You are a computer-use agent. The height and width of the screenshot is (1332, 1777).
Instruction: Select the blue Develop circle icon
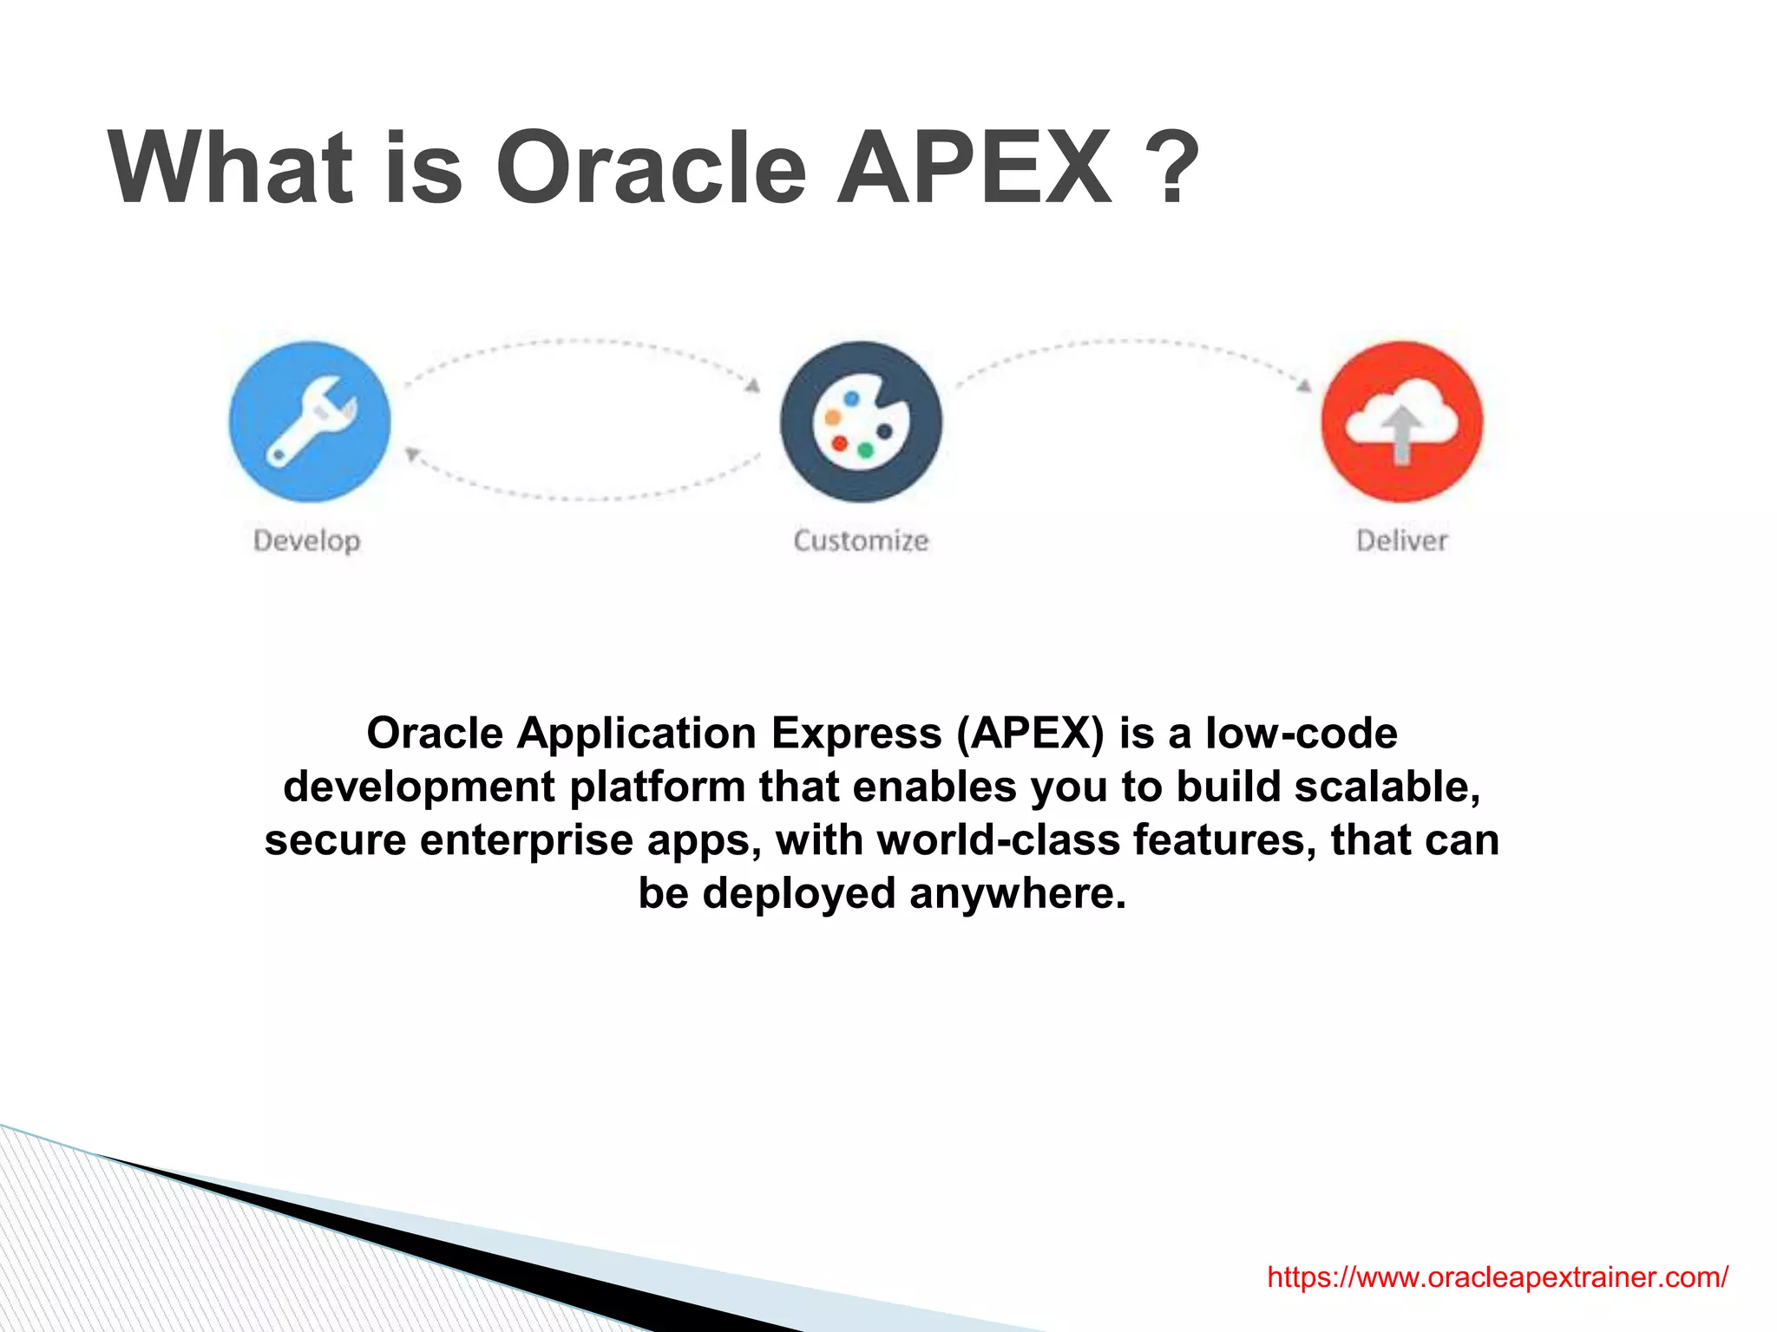click(x=310, y=421)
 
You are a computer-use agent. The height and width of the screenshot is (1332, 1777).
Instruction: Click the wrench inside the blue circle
click(x=310, y=421)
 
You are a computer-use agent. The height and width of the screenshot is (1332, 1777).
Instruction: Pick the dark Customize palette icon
click(x=861, y=421)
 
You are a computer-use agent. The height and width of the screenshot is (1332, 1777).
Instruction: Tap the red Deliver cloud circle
click(x=1402, y=421)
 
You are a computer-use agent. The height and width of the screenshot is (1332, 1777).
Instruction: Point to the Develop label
click(x=306, y=541)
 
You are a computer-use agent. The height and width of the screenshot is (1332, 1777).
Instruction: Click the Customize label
click(x=861, y=541)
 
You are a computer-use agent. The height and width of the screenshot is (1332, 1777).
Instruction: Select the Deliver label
click(x=1402, y=541)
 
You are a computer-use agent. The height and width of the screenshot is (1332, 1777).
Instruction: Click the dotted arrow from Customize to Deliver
click(x=1132, y=344)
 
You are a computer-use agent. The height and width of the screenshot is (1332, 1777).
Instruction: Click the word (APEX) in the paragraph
click(x=1030, y=734)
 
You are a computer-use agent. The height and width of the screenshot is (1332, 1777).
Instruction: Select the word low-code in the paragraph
click(x=1301, y=734)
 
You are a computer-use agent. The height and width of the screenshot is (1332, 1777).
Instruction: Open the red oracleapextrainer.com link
click(x=1497, y=1276)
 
